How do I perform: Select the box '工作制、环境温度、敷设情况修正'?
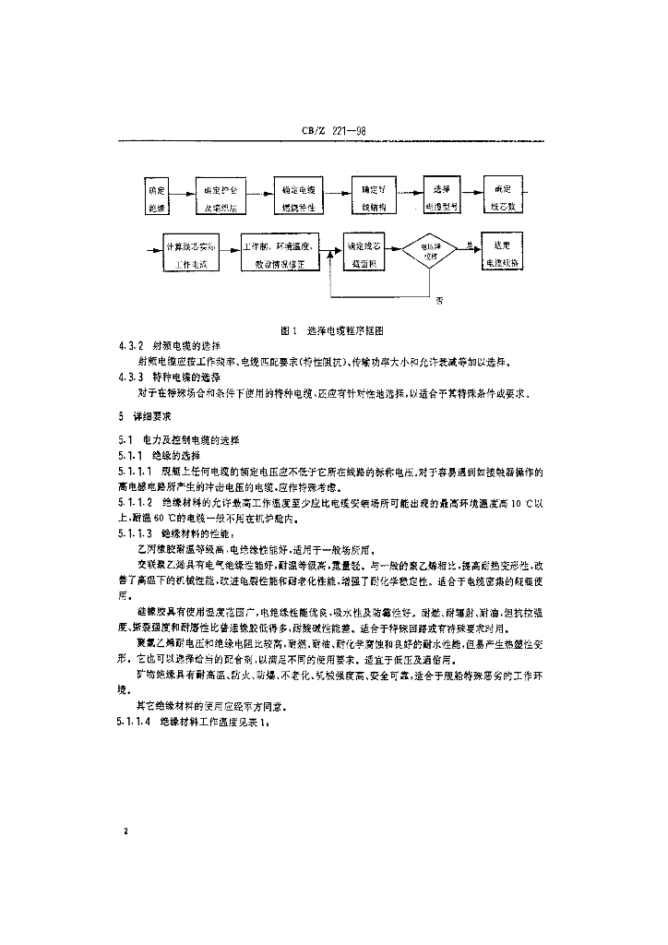click(280, 256)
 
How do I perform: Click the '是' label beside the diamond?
click(470, 245)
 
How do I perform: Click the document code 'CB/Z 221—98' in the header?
click(333, 131)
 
